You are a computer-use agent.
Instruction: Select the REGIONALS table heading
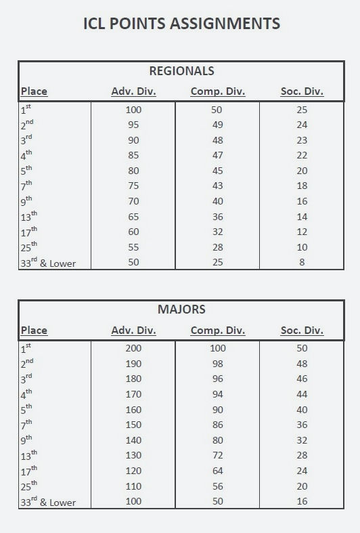pos(181,70)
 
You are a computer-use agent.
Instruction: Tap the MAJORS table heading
pos(181,310)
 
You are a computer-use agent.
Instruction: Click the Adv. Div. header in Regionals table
pos(133,91)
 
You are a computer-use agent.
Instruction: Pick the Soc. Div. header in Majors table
pos(302,331)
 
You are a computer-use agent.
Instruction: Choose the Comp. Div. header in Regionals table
pos(218,91)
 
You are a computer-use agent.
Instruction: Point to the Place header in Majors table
pos(34,331)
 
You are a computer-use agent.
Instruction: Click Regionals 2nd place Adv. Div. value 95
pos(133,125)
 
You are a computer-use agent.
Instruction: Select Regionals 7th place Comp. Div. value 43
pos(218,186)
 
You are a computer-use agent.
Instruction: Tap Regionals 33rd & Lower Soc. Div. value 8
pos(302,262)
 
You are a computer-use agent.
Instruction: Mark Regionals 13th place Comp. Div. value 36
pos(218,217)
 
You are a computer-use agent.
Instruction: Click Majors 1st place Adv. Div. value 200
pos(133,348)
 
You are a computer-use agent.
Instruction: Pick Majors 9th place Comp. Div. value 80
pos(218,440)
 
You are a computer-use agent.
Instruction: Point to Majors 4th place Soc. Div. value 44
pos(302,394)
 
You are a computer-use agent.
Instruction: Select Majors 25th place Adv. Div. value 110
pos(133,486)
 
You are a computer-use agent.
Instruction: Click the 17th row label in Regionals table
pos(29,232)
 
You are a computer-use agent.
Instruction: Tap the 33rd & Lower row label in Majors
pos(47,502)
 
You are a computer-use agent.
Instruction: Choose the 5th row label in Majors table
pos(26,409)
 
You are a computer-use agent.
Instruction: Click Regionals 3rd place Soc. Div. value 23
pos(302,140)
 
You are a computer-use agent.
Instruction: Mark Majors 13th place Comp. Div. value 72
pos(218,456)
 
